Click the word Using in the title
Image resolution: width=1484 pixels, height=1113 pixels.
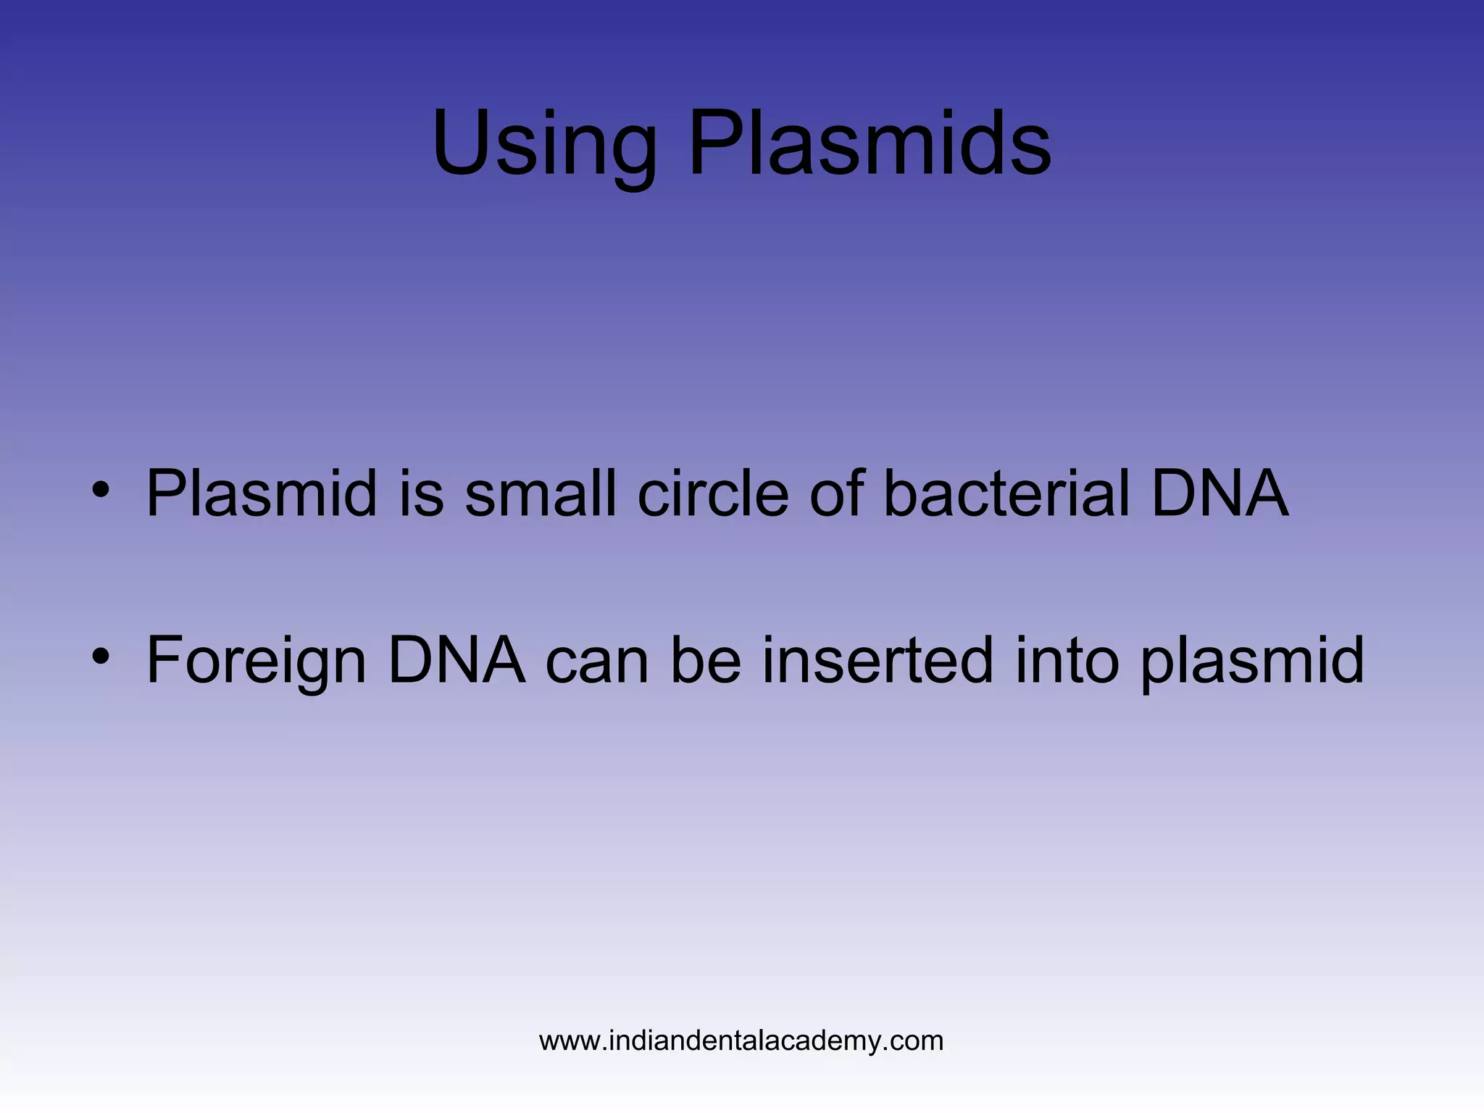coord(543,145)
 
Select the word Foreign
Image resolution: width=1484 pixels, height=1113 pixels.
coord(257,661)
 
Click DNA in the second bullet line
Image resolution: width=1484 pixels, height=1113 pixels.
coord(457,659)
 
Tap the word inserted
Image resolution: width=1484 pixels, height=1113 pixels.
coord(878,659)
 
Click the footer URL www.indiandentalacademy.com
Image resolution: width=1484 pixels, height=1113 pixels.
coord(741,1041)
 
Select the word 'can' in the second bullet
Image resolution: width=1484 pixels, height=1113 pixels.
coord(597,661)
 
